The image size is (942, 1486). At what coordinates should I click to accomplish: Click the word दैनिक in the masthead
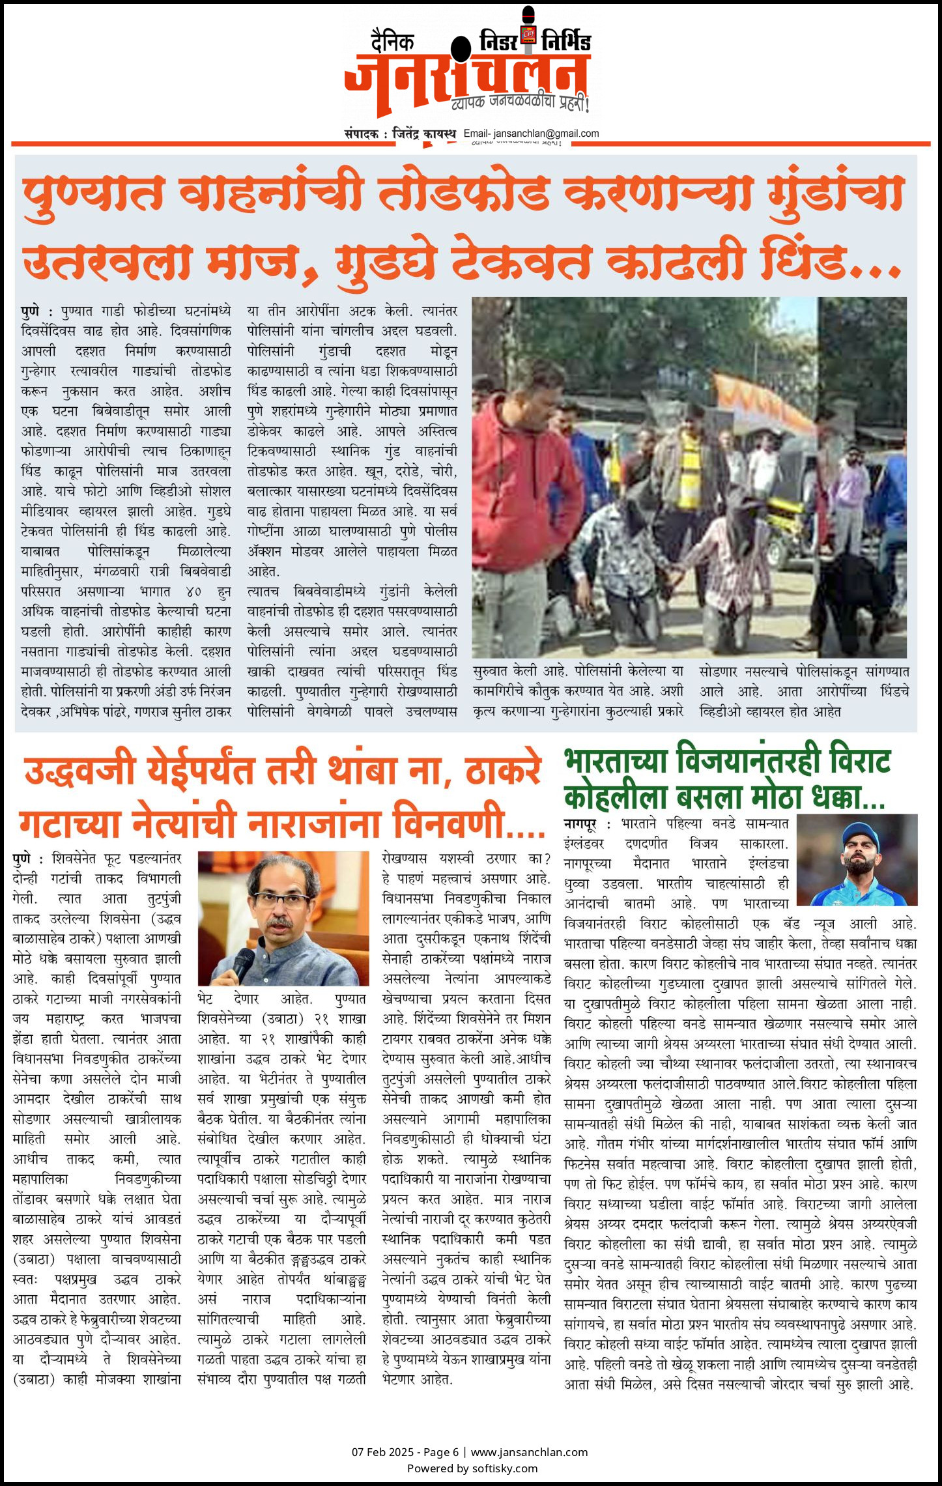tap(392, 41)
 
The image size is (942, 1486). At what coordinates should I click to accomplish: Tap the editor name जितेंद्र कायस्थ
tap(424, 134)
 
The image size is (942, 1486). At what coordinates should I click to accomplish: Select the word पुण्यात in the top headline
tap(92, 195)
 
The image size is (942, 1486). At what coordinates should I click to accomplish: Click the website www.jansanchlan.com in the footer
tap(529, 1451)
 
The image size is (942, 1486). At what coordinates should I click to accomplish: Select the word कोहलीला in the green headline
tap(616, 797)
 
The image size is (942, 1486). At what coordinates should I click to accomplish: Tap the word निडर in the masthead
tap(498, 42)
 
